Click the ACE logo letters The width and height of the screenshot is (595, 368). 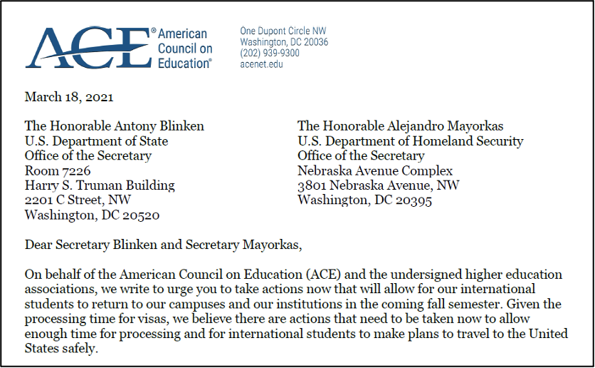[x=85, y=48]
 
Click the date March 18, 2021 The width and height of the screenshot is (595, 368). [x=69, y=97]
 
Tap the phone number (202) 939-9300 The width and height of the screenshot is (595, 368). [x=270, y=53]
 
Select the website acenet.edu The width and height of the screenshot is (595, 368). [x=261, y=64]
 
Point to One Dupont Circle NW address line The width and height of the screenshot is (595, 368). [x=283, y=31]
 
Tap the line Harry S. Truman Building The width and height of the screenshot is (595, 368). [x=100, y=185]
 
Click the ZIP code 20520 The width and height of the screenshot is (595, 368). [x=142, y=215]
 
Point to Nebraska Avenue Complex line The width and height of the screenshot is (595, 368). [x=375, y=170]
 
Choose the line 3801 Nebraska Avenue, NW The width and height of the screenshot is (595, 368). [x=379, y=185]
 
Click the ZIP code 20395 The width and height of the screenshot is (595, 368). [x=414, y=200]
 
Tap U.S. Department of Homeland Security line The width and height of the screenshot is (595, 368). [x=410, y=141]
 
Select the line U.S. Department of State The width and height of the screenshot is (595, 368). [x=96, y=141]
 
